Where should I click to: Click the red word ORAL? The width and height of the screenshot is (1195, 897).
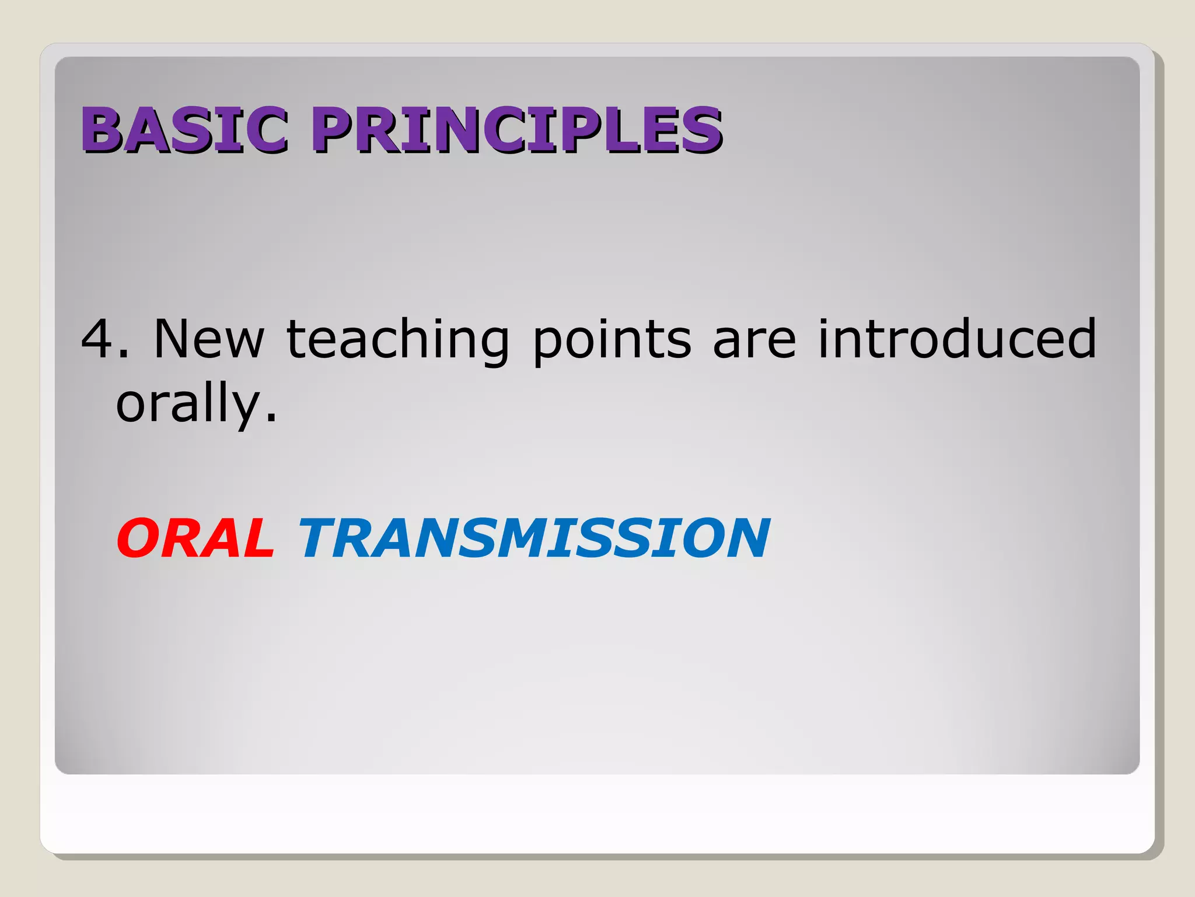(195, 538)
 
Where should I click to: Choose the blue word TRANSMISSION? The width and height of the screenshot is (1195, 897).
(534, 538)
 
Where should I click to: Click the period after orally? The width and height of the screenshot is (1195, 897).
(271, 418)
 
